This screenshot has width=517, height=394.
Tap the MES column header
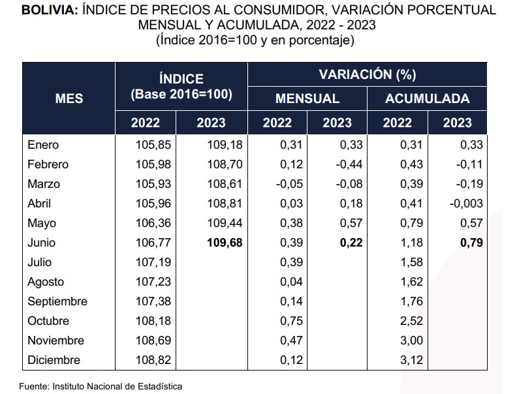coord(69,98)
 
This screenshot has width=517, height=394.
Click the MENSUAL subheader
coord(307,98)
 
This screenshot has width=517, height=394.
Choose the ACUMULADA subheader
coord(427,98)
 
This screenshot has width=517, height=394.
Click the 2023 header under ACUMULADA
coord(457,123)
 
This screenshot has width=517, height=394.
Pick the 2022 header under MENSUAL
coord(277,123)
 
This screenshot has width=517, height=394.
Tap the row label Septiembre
coord(57,301)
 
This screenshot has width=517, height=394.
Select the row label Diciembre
coord(54,360)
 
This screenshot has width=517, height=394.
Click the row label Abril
coord(41,204)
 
